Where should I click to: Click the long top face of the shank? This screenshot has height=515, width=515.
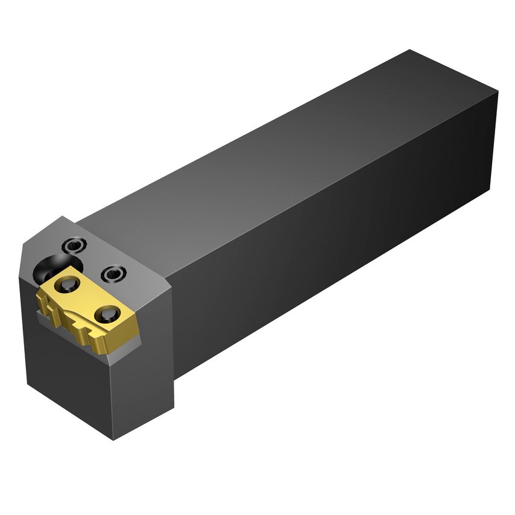(271, 151)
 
